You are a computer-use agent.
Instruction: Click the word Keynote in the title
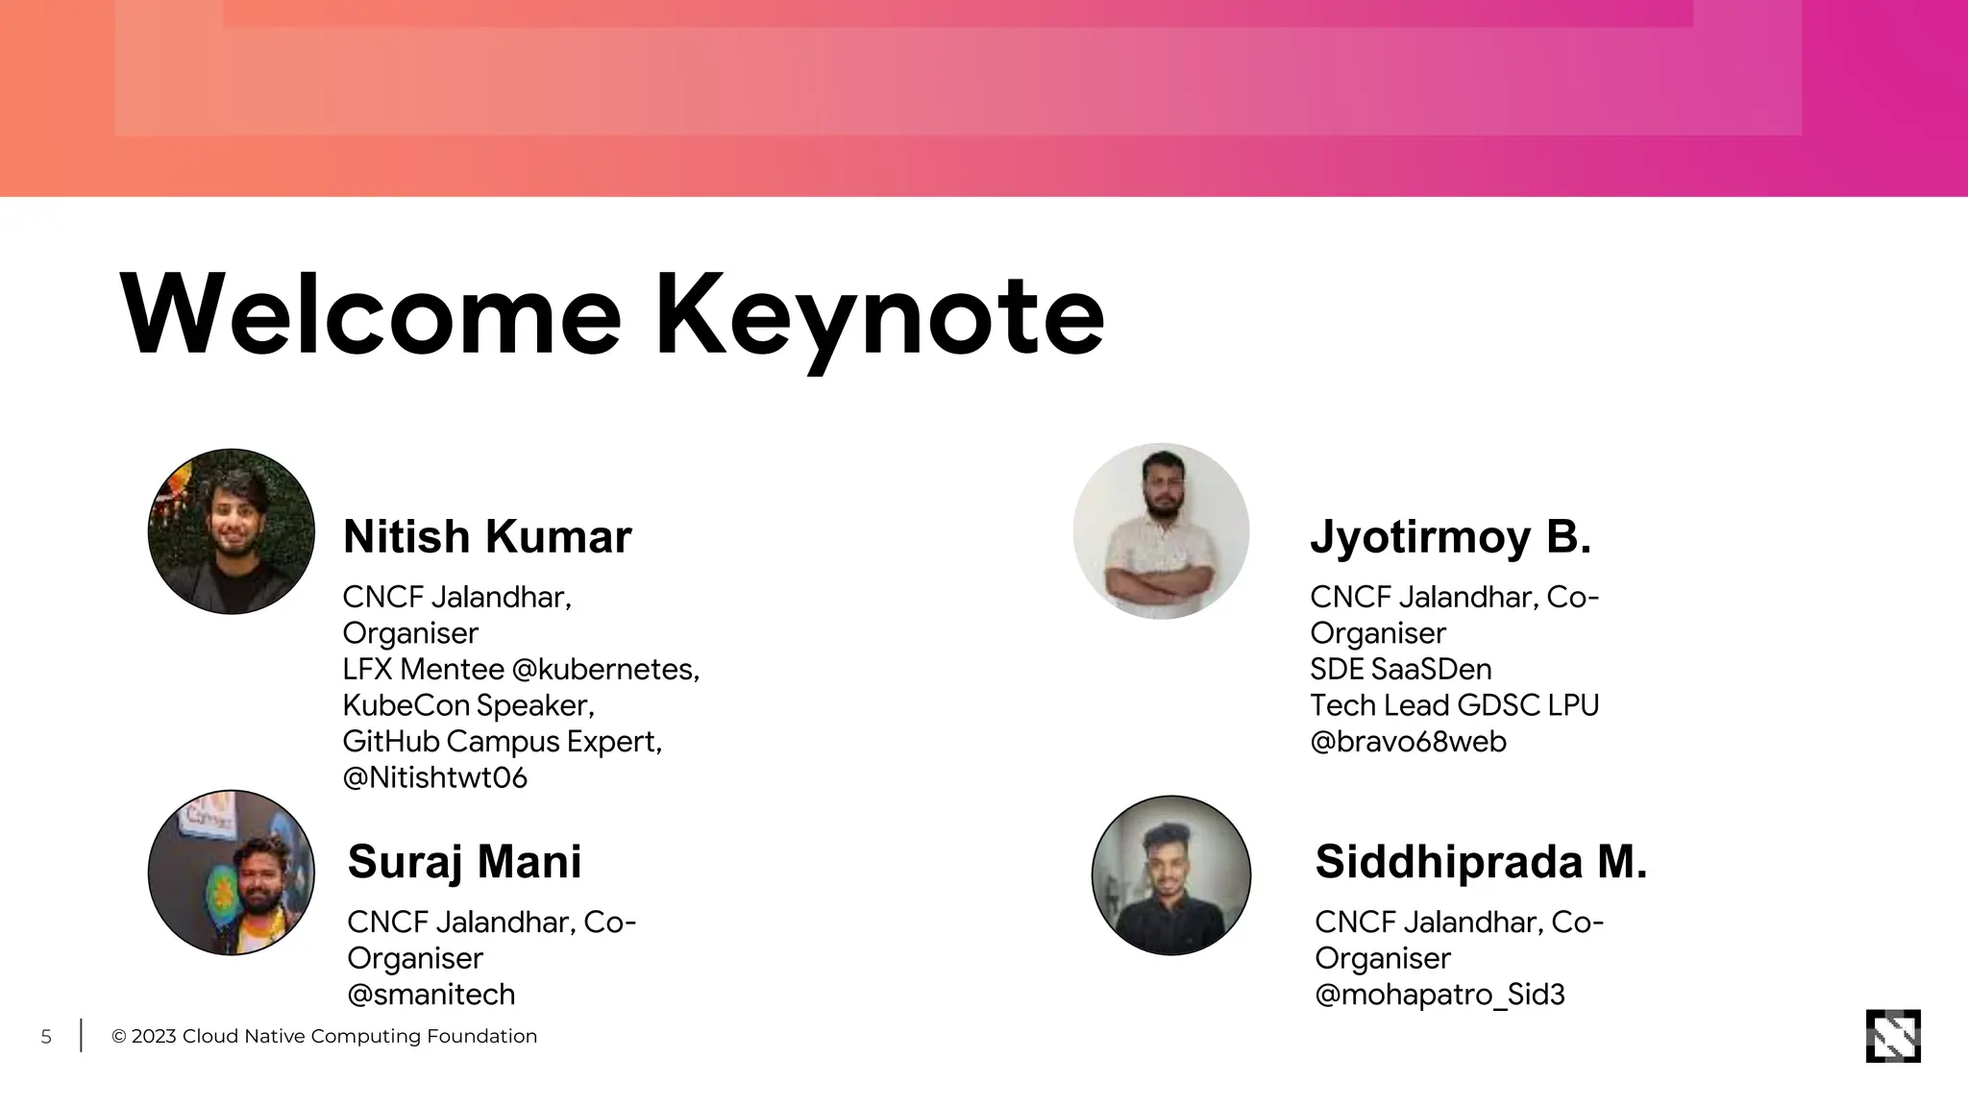click(x=879, y=315)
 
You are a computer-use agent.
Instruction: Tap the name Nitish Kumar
click(x=487, y=536)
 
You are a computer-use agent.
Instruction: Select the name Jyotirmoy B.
click(x=1450, y=536)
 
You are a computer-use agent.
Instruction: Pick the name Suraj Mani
click(x=464, y=861)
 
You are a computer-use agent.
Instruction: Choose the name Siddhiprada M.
click(x=1481, y=861)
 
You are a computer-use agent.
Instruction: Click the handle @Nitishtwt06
click(x=434, y=777)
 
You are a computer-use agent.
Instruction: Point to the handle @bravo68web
click(x=1408, y=742)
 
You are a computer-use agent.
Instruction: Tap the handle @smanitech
click(x=430, y=994)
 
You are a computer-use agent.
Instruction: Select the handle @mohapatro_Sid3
click(x=1439, y=994)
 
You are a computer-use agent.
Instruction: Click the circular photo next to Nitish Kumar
click(x=232, y=531)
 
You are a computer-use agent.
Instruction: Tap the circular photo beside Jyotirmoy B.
click(x=1161, y=531)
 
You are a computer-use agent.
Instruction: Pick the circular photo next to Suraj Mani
click(x=232, y=873)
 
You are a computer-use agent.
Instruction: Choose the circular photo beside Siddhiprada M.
click(x=1170, y=875)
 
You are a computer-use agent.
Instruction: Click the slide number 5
click(x=46, y=1037)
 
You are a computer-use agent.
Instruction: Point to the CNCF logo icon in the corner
click(x=1892, y=1036)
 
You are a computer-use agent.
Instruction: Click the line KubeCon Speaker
click(x=468, y=705)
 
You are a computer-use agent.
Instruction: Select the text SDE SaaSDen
click(x=1400, y=669)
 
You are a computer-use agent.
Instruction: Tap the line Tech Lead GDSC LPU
click(x=1454, y=705)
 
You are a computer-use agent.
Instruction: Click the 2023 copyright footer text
click(x=324, y=1037)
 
